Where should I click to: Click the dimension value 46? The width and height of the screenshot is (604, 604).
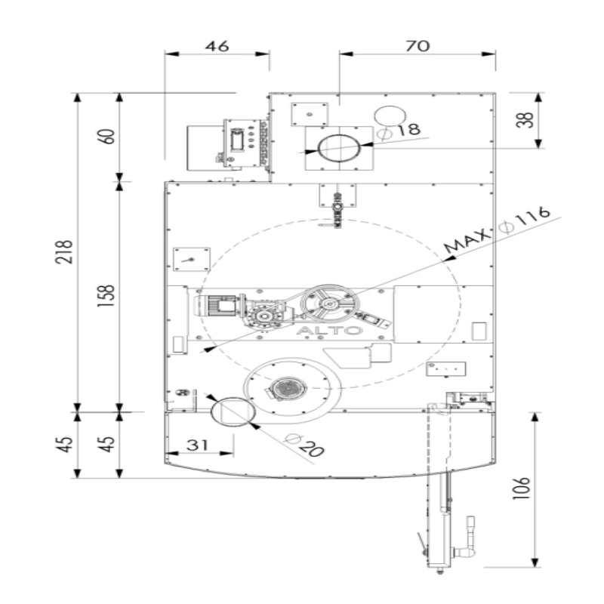point(217,46)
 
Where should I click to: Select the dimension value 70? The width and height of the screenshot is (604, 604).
point(418,46)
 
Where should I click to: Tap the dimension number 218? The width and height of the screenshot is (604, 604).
point(64,251)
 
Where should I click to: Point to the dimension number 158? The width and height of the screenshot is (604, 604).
point(106,295)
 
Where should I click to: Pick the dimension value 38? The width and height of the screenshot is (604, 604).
point(525,120)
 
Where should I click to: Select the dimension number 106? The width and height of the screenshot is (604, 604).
point(521,488)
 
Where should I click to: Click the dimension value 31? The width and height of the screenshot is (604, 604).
point(197,445)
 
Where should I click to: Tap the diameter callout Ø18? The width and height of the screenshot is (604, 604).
point(399,131)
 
